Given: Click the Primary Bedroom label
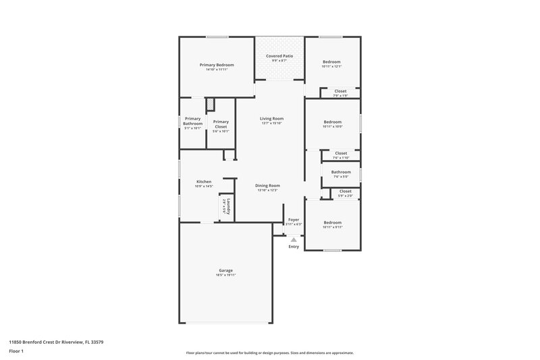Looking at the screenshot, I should (217, 65).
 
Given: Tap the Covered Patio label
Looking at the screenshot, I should (279, 57).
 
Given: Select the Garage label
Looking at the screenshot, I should (225, 270).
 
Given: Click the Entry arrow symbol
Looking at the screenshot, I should (294, 239).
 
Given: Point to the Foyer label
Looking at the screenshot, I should (294, 220).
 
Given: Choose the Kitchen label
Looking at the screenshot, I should (204, 182).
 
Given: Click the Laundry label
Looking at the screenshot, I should (230, 206).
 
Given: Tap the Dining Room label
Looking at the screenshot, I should (267, 186).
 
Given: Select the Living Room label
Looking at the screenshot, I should (272, 118).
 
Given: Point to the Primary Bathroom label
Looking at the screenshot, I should (193, 122).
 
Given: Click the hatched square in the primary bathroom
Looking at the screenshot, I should (210, 105).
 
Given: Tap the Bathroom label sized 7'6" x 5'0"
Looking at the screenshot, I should (340, 172).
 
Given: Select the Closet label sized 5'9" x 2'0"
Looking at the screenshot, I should (345, 191).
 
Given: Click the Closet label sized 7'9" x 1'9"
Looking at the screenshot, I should (341, 91).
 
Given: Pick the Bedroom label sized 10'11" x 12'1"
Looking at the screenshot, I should (331, 61).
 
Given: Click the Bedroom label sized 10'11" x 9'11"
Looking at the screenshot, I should (332, 222).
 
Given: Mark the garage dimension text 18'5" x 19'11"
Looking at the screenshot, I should (225, 276).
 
